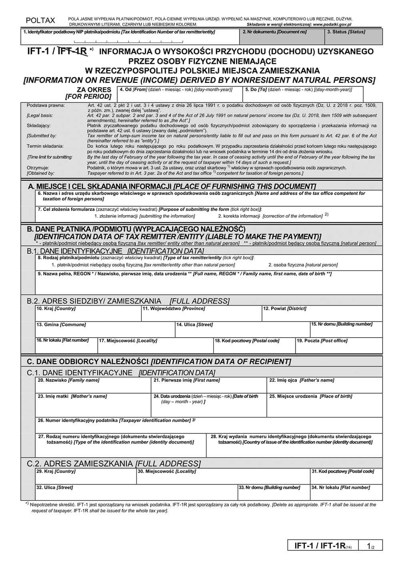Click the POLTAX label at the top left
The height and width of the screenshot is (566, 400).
(40, 20)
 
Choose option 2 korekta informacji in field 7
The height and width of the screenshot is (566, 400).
(270, 216)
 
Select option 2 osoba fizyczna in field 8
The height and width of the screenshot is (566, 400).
(302, 265)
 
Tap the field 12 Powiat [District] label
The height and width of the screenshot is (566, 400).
(284, 309)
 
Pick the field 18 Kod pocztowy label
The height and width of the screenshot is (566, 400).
(247, 341)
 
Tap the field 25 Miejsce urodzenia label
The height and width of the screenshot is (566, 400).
(310, 396)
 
